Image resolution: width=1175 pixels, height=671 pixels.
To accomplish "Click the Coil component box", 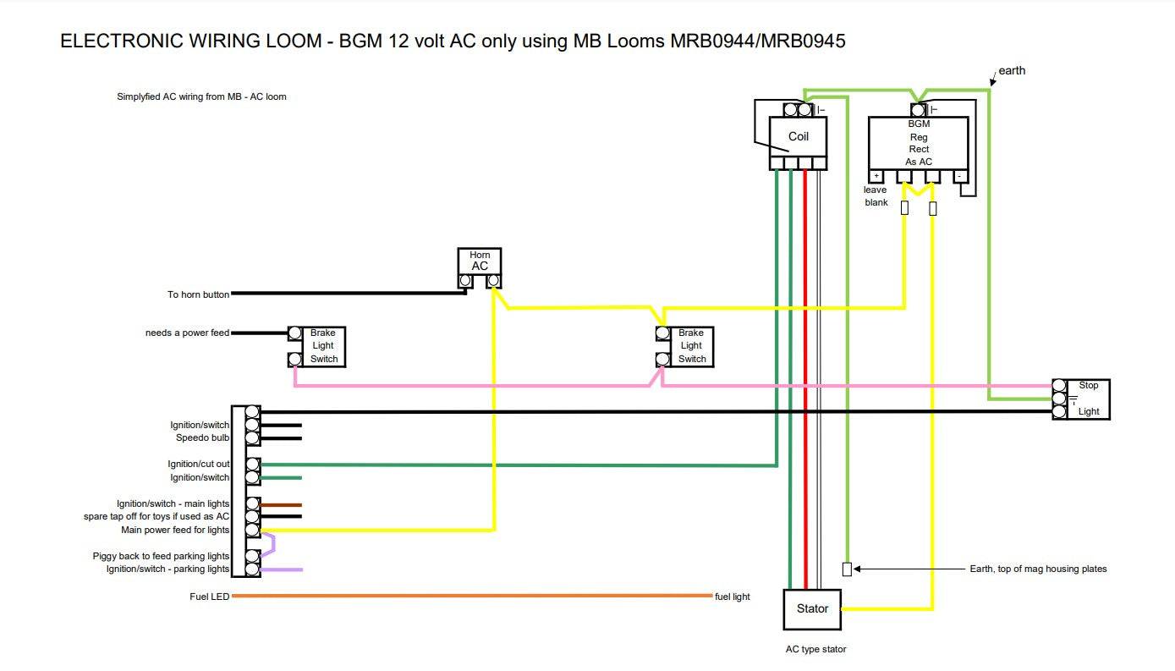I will [x=798, y=136].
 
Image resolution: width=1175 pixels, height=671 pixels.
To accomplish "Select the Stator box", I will [x=812, y=608].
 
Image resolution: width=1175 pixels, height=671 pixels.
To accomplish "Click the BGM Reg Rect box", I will [x=918, y=142].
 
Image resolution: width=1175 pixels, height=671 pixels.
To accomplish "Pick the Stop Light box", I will [x=1088, y=399].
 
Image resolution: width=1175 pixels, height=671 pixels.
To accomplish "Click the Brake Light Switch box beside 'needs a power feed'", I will [x=322, y=346].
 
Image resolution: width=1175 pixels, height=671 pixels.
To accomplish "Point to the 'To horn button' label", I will [x=198, y=294].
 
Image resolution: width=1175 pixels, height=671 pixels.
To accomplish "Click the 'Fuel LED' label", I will [x=209, y=597].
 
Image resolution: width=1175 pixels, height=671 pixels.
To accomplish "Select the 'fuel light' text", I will [x=732, y=597].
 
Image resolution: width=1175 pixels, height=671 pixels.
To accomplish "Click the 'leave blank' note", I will [x=876, y=196].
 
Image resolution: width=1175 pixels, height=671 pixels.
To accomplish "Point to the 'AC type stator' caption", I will [x=815, y=649].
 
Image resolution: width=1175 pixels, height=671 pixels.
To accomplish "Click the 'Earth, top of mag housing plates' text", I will [x=1038, y=569].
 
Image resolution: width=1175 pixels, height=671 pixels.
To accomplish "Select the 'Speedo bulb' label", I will [x=202, y=438].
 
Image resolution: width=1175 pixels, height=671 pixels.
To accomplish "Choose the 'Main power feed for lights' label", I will [x=175, y=530].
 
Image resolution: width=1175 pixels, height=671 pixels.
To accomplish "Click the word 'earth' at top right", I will [x=1012, y=70].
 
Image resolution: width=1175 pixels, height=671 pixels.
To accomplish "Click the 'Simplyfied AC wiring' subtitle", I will [x=201, y=96].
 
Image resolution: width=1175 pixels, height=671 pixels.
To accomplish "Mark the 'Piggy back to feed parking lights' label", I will [x=161, y=556].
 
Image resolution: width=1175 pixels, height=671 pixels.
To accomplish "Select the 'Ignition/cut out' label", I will [x=198, y=464].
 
